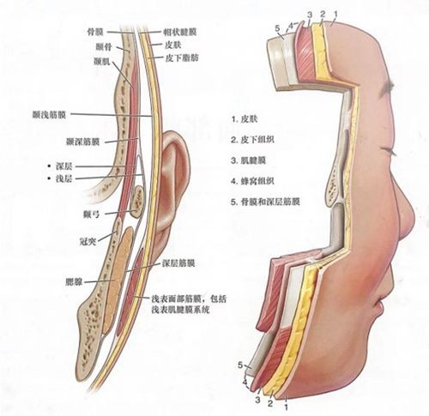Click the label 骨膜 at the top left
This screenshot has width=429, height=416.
coord(95,32)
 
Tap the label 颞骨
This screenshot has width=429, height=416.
coord(103,46)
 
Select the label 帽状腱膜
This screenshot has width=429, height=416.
coord(180,32)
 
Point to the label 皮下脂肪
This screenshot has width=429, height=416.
coord(182,58)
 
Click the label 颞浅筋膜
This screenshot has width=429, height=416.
coord(50,115)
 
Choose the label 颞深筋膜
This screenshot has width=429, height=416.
coord(83,142)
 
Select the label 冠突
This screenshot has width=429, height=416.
coord(88,242)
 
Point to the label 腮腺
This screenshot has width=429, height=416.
coord(74,282)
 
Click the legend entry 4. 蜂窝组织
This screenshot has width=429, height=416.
coord(253,181)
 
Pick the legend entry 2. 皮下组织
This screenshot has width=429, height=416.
coord(253,140)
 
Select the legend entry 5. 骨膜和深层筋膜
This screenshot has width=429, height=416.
coord(265,202)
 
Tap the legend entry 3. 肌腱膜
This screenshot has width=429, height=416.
coord(249,160)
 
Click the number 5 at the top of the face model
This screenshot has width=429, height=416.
coord(277,28)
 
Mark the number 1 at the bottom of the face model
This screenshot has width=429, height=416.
coord(287,406)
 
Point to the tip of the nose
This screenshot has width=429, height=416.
coord(414,217)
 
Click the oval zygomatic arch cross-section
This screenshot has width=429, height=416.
coord(137,201)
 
